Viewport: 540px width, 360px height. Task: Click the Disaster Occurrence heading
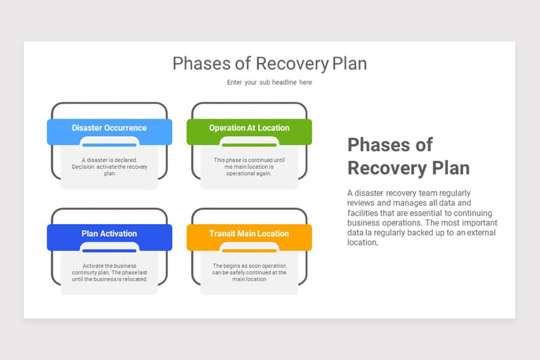pos(109,128)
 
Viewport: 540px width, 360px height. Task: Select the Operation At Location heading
pos(249,128)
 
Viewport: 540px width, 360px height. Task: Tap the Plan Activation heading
pos(109,234)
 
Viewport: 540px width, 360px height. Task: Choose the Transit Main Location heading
pos(249,234)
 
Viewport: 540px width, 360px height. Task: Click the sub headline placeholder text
pos(269,82)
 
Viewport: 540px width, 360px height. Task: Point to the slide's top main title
pos(270,63)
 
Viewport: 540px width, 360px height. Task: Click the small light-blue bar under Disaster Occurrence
pos(109,145)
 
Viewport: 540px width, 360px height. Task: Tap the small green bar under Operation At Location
pos(249,145)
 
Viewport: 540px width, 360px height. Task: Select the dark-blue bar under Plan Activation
pos(109,251)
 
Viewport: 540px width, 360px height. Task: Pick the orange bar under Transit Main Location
pos(249,251)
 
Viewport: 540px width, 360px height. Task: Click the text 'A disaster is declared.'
pos(109,160)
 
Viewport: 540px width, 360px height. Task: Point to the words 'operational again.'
pos(249,173)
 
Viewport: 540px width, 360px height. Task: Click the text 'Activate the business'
pos(109,265)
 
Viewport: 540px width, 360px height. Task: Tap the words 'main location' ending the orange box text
pos(249,279)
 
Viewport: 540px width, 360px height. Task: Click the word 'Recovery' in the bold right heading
pos(387,168)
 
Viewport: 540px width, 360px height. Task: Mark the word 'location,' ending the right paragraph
pos(363,243)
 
